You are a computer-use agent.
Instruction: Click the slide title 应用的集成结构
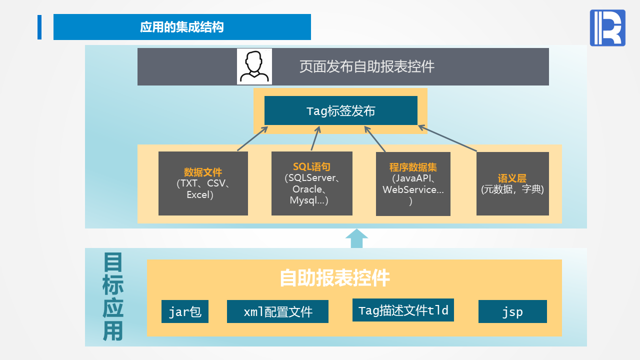tap(182, 27)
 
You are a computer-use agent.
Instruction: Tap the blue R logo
tap(607, 28)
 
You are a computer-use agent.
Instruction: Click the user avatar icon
tap(254, 66)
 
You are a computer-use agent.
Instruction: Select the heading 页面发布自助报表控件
tap(366, 66)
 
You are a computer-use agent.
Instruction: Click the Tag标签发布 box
tap(340, 110)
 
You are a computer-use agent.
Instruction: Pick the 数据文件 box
tap(203, 183)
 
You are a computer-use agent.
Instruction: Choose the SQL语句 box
tap(311, 183)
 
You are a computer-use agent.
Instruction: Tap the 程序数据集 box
tap(413, 183)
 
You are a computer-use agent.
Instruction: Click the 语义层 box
tap(512, 183)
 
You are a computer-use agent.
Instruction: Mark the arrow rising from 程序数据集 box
tap(375, 138)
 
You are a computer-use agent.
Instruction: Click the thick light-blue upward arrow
tap(356, 238)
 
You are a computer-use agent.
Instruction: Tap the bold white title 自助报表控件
tap(334, 278)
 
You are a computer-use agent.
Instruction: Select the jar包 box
tap(185, 312)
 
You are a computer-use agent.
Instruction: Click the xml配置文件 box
tap(277, 312)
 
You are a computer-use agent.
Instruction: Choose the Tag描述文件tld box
tap(403, 310)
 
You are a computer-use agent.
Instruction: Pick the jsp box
tap(512, 312)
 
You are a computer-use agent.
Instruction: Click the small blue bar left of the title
tap(39, 27)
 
